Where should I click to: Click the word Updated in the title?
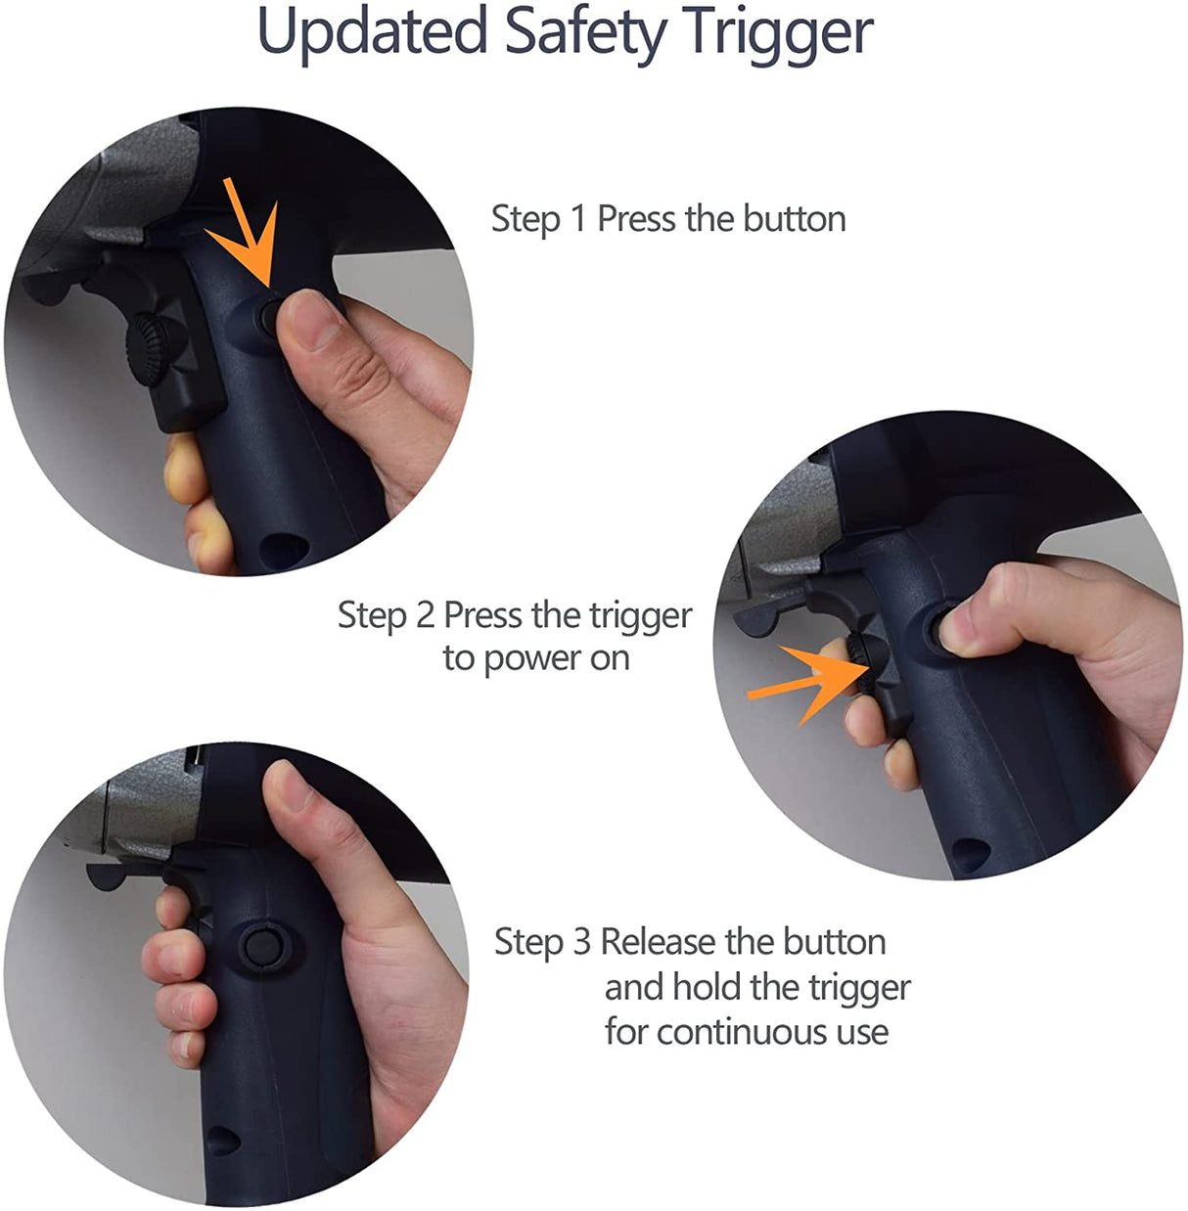click(x=372, y=31)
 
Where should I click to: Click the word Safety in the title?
click(x=585, y=31)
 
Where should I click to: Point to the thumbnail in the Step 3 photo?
click(x=288, y=785)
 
